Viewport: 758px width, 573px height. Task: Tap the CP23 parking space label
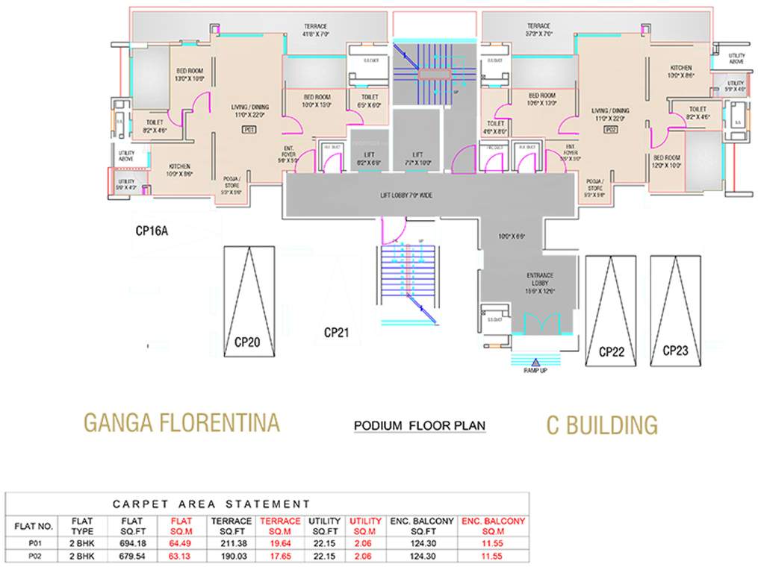(x=675, y=350)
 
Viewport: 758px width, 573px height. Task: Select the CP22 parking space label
(x=611, y=351)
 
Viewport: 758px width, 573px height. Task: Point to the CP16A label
(x=152, y=231)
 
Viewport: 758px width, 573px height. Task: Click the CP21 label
(x=338, y=332)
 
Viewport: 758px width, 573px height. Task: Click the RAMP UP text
(x=535, y=370)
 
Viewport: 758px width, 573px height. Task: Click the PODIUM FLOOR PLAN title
(x=419, y=426)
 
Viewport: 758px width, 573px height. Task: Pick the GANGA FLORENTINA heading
(x=181, y=423)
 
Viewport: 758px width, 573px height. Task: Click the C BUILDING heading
(x=602, y=425)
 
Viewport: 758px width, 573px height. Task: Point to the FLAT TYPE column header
(x=81, y=525)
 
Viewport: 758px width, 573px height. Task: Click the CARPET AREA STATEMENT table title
(x=211, y=504)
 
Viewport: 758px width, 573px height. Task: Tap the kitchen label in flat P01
(x=178, y=169)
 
